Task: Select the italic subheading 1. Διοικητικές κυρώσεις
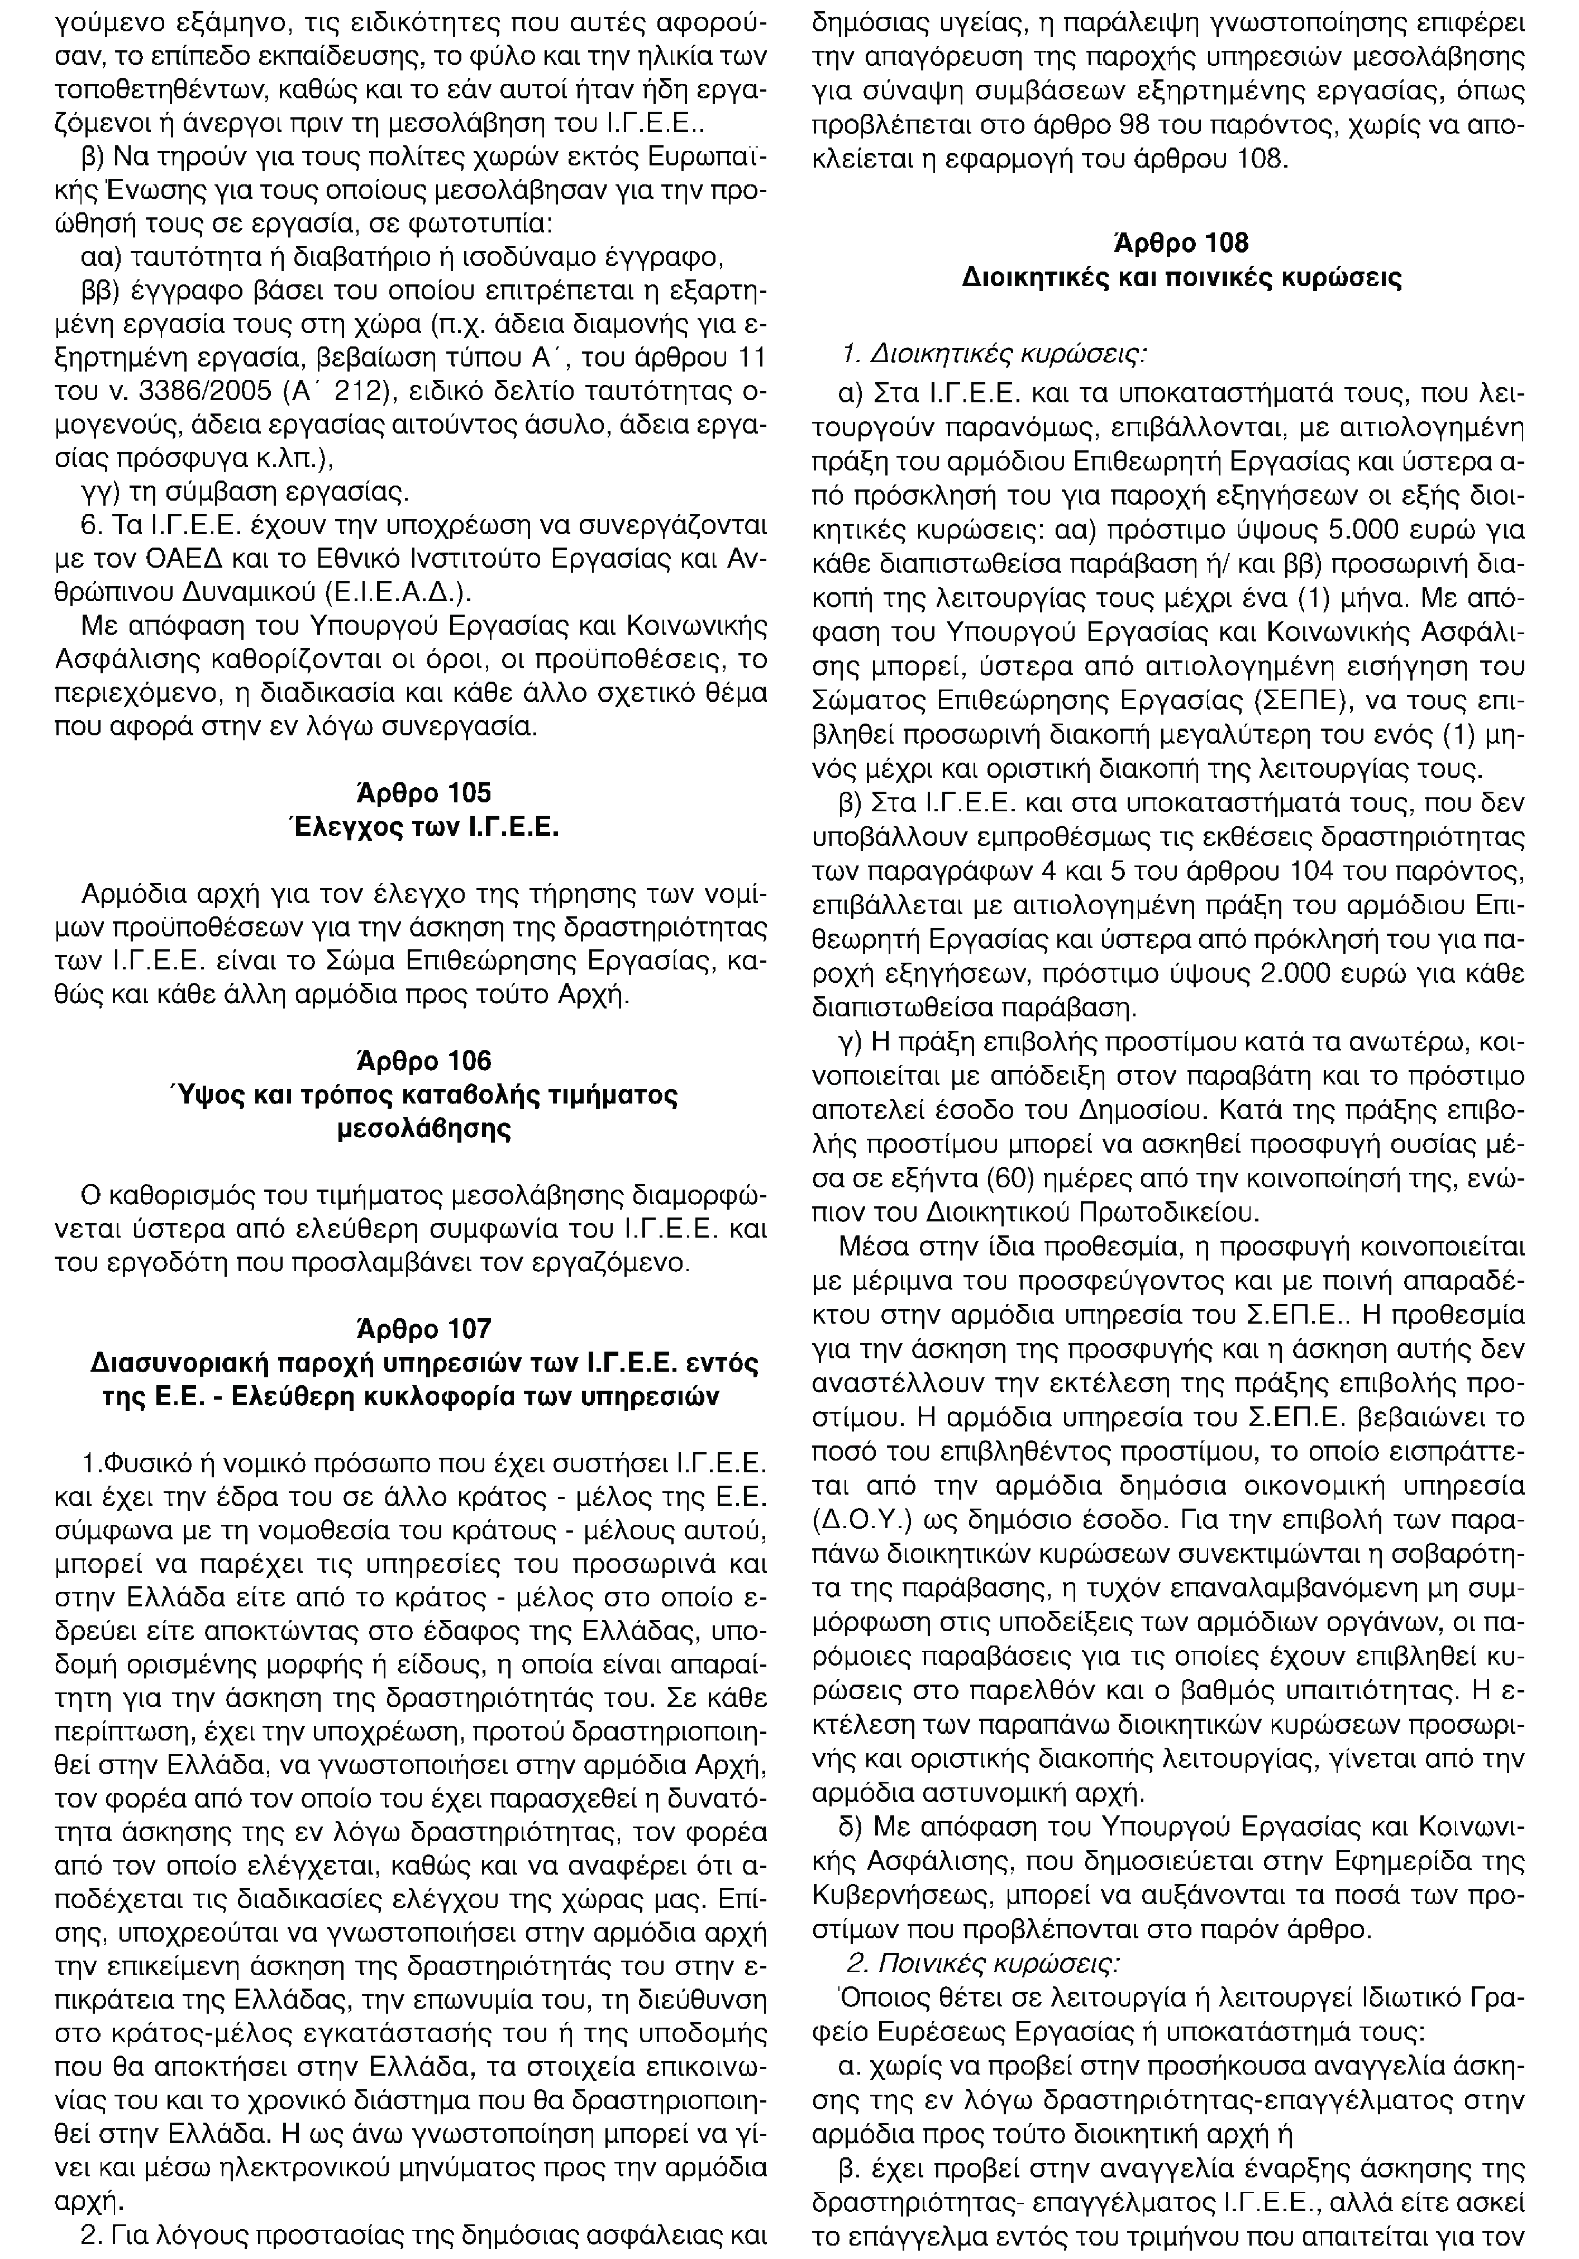(x=996, y=352)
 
